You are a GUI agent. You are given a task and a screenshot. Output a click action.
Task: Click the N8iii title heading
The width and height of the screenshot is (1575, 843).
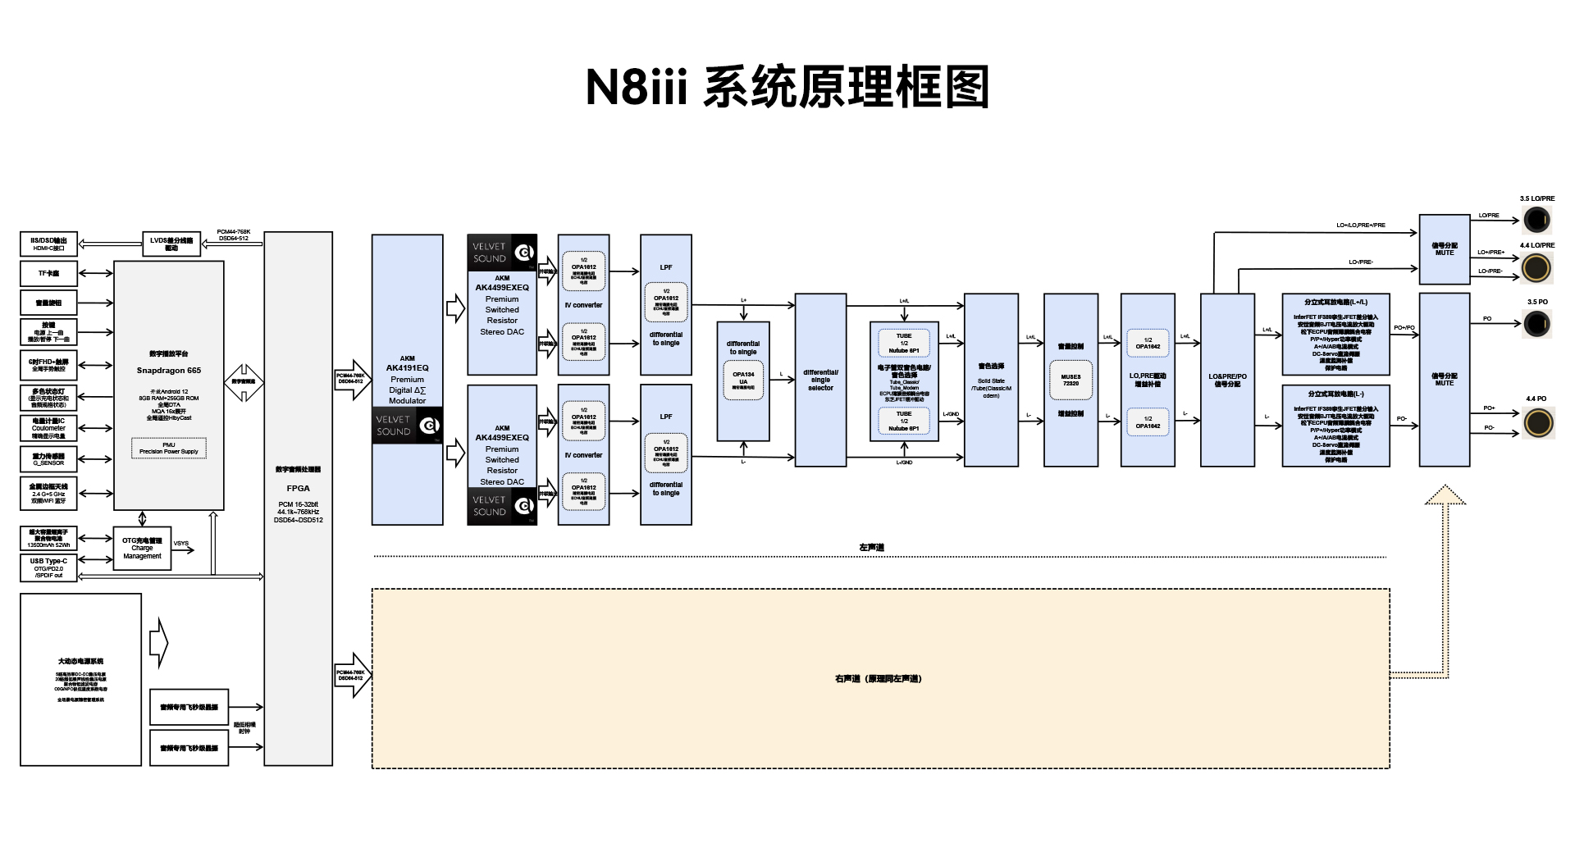[787, 87]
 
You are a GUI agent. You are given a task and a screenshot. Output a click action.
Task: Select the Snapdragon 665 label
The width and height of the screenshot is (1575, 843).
[169, 371]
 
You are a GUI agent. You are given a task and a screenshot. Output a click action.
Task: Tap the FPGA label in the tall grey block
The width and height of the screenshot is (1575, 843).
[298, 488]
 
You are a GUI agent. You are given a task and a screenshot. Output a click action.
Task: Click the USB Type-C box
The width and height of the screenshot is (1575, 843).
[48, 567]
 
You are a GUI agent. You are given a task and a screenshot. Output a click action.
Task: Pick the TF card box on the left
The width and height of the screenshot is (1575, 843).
[48, 273]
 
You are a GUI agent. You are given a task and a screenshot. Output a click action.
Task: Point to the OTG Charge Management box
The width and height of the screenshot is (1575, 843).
[142, 548]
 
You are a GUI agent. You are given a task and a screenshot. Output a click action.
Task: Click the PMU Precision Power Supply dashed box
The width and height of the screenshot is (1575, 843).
[169, 448]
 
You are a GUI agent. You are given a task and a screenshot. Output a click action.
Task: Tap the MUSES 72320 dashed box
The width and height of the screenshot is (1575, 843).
[1071, 380]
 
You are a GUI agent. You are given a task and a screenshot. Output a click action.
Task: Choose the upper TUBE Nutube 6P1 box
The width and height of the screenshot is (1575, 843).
[904, 343]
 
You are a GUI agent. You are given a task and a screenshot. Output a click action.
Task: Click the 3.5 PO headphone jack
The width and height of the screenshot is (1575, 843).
[1536, 324]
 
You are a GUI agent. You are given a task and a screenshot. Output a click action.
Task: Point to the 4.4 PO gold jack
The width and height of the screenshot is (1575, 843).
[1537, 422]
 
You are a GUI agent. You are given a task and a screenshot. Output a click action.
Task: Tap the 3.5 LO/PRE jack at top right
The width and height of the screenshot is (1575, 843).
[1536, 220]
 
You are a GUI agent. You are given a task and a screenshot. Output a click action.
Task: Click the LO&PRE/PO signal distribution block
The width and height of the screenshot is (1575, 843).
[1227, 380]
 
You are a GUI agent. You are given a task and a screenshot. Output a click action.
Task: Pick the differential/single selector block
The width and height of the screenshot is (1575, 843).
[820, 380]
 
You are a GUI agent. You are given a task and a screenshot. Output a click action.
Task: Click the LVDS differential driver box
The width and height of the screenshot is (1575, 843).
[171, 244]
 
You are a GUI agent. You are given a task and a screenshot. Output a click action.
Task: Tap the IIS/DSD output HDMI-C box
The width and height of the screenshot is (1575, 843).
[48, 244]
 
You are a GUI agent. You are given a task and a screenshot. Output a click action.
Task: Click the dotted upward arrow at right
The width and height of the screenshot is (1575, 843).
[1445, 574]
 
